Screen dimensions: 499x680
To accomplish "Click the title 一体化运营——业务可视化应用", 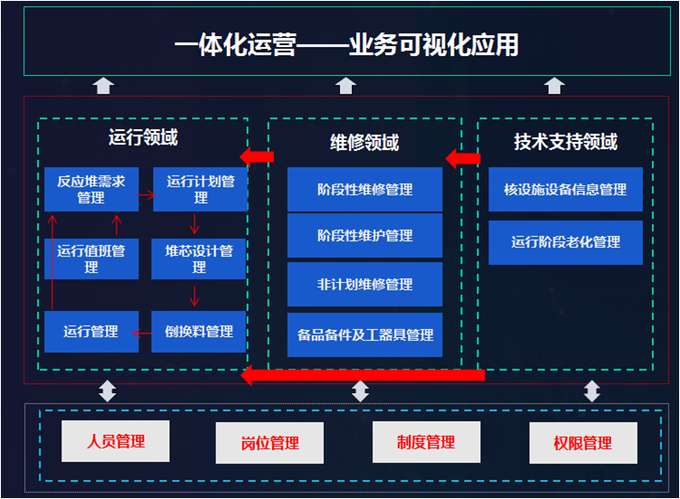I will pyautogui.click(x=346, y=44).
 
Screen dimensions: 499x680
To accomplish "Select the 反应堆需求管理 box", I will pyautogui.click(x=91, y=190).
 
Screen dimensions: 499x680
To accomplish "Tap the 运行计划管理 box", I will pyautogui.click(x=200, y=190).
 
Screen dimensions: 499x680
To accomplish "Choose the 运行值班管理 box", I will pyautogui.click(x=91, y=259).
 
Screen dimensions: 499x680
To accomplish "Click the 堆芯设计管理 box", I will pyautogui.click(x=200, y=259).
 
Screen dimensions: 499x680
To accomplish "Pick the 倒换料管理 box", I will pyautogui.click(x=200, y=332).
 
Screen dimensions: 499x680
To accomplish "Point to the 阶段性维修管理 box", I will pyautogui.click(x=364, y=190).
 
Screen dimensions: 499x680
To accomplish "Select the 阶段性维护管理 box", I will pyautogui.click(x=364, y=236).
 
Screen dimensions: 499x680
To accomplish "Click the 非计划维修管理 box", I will pyautogui.click(x=364, y=285).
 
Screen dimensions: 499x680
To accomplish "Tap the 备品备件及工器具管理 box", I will pyautogui.click(x=364, y=334).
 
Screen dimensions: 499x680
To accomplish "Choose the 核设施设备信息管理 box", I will pyautogui.click(x=565, y=190).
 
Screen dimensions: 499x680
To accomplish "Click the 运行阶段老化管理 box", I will pyautogui.click(x=565, y=242).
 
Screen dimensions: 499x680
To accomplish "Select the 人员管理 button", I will pyautogui.click(x=116, y=442).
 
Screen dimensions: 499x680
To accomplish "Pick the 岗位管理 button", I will pyautogui.click(x=269, y=443).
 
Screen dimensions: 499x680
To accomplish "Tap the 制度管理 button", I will pyautogui.click(x=425, y=442).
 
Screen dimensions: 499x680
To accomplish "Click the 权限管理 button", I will pyautogui.click(x=582, y=443).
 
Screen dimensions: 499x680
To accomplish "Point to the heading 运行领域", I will pyautogui.click(x=143, y=138).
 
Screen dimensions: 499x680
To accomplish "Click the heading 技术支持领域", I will pyautogui.click(x=565, y=142).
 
